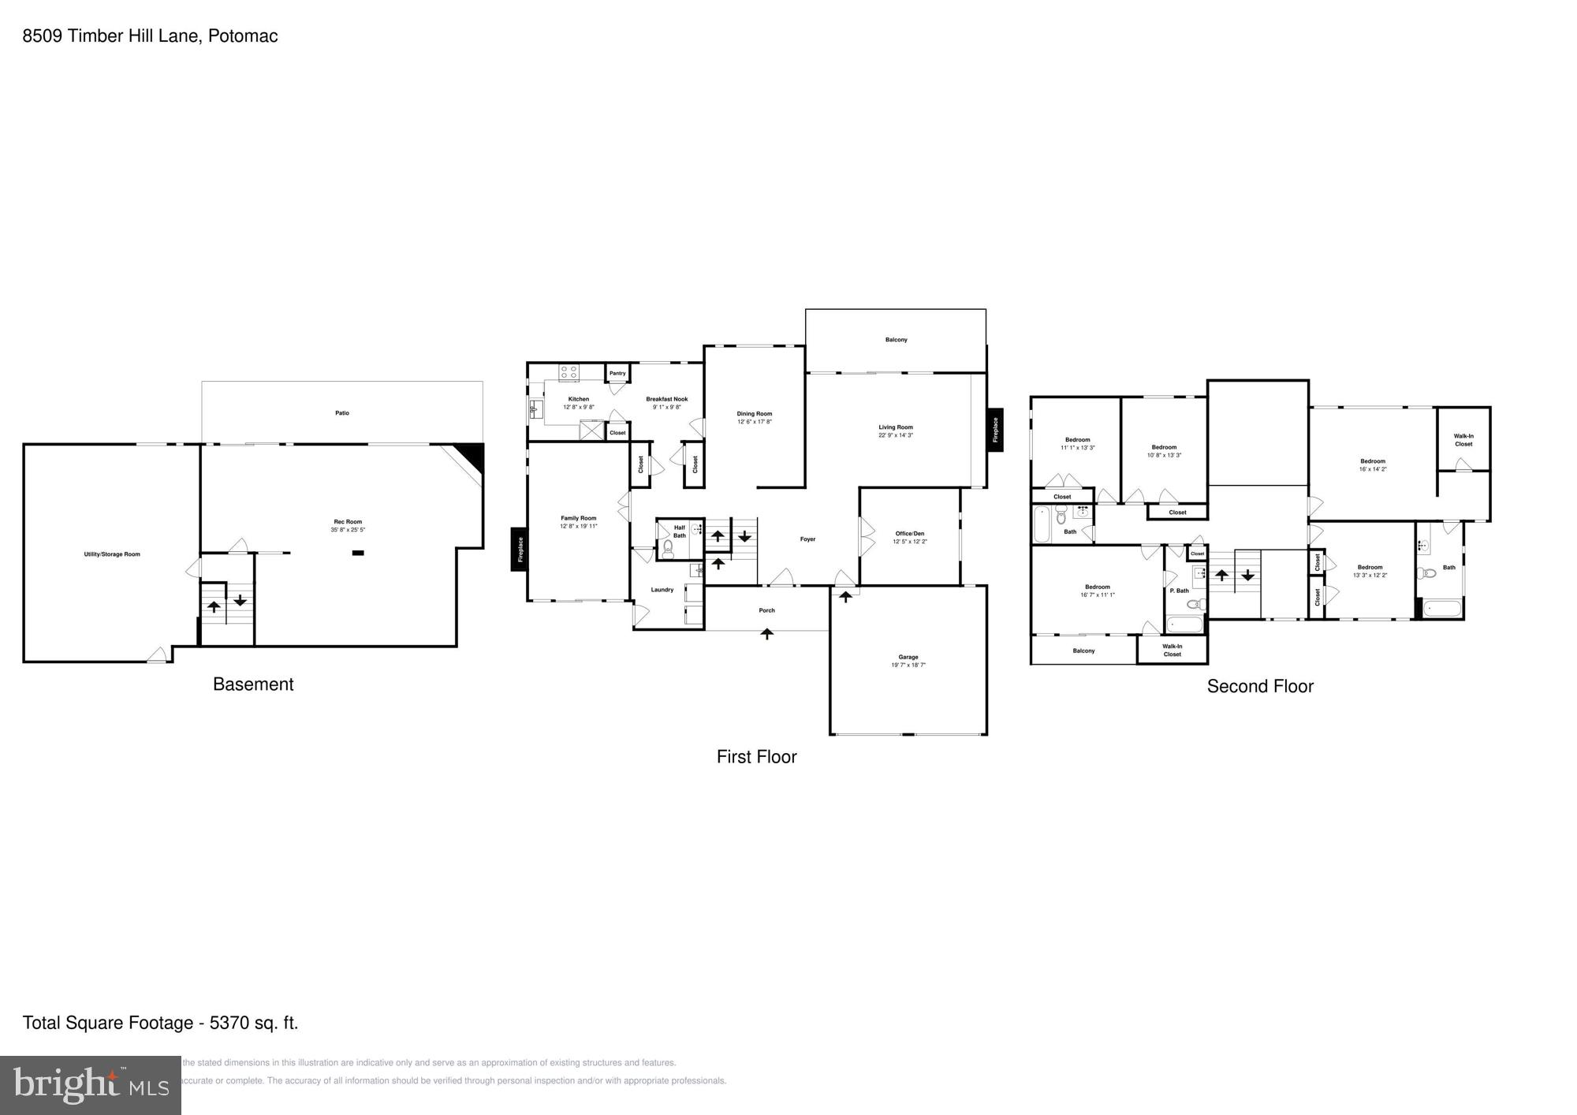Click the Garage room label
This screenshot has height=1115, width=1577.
pos(908,657)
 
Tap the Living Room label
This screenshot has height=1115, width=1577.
pos(896,427)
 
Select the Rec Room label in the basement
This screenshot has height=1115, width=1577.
pos(348,521)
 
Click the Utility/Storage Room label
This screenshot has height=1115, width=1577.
pos(112,554)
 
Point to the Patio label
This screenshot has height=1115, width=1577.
pos(342,413)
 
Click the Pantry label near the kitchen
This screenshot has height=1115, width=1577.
pos(617,373)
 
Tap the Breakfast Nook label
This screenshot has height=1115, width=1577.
pos(667,399)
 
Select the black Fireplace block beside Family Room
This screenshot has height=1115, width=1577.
pos(519,549)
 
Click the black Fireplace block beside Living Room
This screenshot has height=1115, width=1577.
pos(995,430)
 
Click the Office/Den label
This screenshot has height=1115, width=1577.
pos(910,534)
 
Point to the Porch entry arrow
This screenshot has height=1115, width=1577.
pos(767,633)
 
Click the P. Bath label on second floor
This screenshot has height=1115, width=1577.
pos(1179,591)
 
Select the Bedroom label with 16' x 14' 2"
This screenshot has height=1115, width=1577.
pos(1373,461)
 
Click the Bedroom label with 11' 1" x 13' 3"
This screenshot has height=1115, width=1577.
pos(1077,440)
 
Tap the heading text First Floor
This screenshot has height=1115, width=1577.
pos(756,757)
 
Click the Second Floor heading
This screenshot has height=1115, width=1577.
pos(1260,686)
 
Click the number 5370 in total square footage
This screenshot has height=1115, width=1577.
pos(227,1024)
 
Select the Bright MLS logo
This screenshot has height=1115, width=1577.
pos(91,1086)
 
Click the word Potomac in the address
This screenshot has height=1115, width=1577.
pos(243,36)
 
